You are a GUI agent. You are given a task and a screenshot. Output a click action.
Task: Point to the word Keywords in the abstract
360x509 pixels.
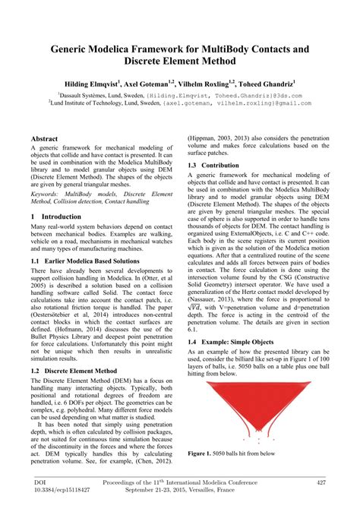coord(47,194)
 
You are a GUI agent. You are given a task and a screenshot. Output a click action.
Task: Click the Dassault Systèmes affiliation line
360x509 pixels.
coord(179,96)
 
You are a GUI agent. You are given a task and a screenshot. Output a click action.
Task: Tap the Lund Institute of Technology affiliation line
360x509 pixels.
coord(179,105)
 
